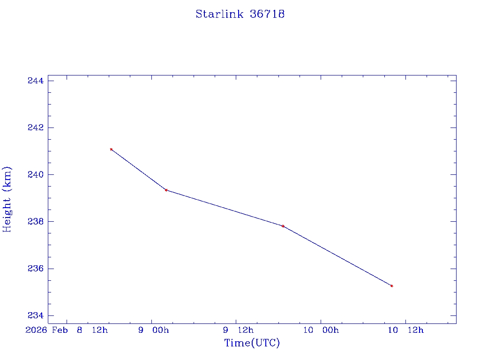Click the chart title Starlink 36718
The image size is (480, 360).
pos(240,14)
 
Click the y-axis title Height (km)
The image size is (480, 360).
pos(7,199)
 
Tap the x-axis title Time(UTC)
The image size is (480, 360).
pos(252,343)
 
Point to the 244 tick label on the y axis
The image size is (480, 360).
pos(36,81)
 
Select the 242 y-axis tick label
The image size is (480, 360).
pos(36,128)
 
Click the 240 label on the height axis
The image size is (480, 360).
pos(36,175)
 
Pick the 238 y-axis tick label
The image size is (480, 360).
pos(36,222)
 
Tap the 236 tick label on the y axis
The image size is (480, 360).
pos(36,269)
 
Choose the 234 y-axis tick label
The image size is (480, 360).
pos(36,315)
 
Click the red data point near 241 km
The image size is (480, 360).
pos(111,149)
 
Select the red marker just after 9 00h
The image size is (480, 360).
pos(166,190)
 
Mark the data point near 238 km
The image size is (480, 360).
pos(283,226)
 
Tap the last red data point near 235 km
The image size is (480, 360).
pos(391,285)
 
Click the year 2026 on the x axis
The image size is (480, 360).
pos(36,330)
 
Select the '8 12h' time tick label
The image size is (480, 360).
pos(92,330)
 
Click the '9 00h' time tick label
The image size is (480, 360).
pos(153,330)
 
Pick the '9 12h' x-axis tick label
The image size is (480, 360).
pos(238,330)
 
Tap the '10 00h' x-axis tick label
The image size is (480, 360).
pos(321,330)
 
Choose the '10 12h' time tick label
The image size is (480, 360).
pos(405,330)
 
